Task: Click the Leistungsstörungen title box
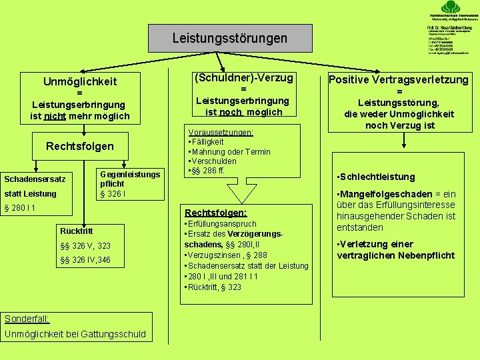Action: point(229,39)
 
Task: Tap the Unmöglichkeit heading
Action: point(80,81)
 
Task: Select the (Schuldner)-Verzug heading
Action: point(243,78)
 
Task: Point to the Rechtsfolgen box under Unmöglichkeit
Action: point(80,146)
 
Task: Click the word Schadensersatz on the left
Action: point(35,179)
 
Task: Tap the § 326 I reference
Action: point(113,194)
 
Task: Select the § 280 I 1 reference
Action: point(20,209)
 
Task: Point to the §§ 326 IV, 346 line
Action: point(85,260)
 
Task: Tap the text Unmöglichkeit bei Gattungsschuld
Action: point(75,333)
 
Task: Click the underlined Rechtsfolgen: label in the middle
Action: point(215,213)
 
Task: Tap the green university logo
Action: point(453,8)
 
